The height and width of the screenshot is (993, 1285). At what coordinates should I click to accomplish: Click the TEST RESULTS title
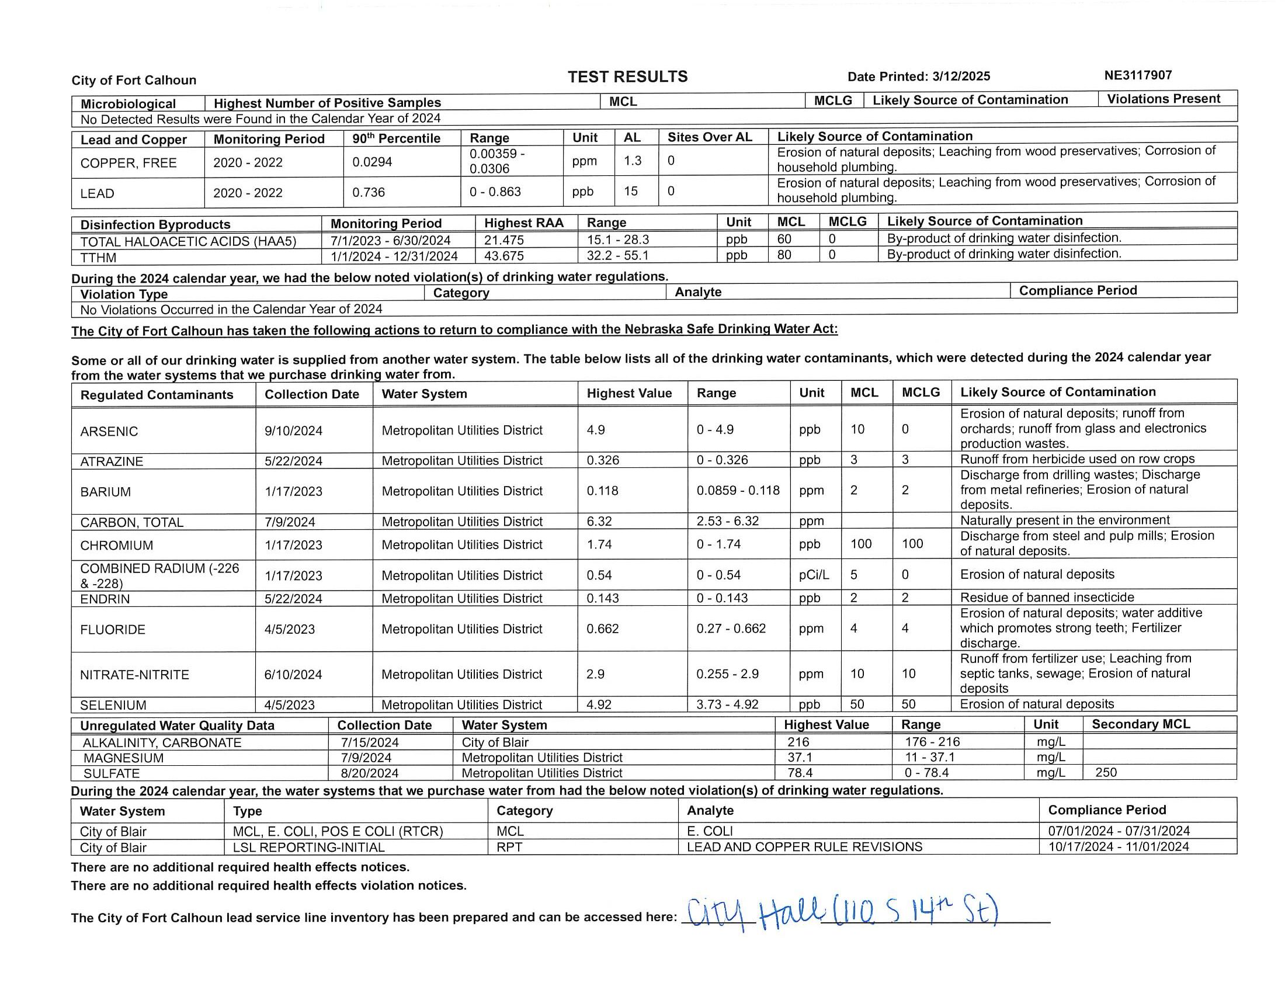[x=627, y=77]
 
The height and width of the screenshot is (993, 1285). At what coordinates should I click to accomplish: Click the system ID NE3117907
[x=1138, y=75]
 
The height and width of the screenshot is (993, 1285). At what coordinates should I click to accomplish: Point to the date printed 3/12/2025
[x=961, y=77]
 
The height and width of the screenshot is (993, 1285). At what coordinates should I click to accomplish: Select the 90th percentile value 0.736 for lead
[x=369, y=192]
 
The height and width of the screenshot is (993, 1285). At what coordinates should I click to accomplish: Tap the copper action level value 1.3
[x=633, y=161]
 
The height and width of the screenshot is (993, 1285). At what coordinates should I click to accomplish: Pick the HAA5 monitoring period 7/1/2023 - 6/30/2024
[x=390, y=240]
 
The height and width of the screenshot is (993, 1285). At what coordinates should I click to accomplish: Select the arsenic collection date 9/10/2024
[x=293, y=430]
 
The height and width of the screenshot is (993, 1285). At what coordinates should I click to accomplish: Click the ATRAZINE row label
[x=111, y=461]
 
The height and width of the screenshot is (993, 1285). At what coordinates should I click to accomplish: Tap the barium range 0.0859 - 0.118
[x=738, y=490]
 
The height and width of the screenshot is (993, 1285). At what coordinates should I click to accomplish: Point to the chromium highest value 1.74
[x=599, y=544]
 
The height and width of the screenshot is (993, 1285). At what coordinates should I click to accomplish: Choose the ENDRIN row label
[x=105, y=599]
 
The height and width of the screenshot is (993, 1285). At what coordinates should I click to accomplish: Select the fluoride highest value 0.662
[x=603, y=629]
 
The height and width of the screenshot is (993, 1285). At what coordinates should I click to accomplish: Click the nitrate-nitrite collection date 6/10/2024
[x=293, y=674]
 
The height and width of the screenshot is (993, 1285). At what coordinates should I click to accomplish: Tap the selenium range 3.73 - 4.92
[x=727, y=704]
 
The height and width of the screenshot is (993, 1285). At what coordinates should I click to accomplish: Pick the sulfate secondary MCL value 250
[x=1106, y=772]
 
